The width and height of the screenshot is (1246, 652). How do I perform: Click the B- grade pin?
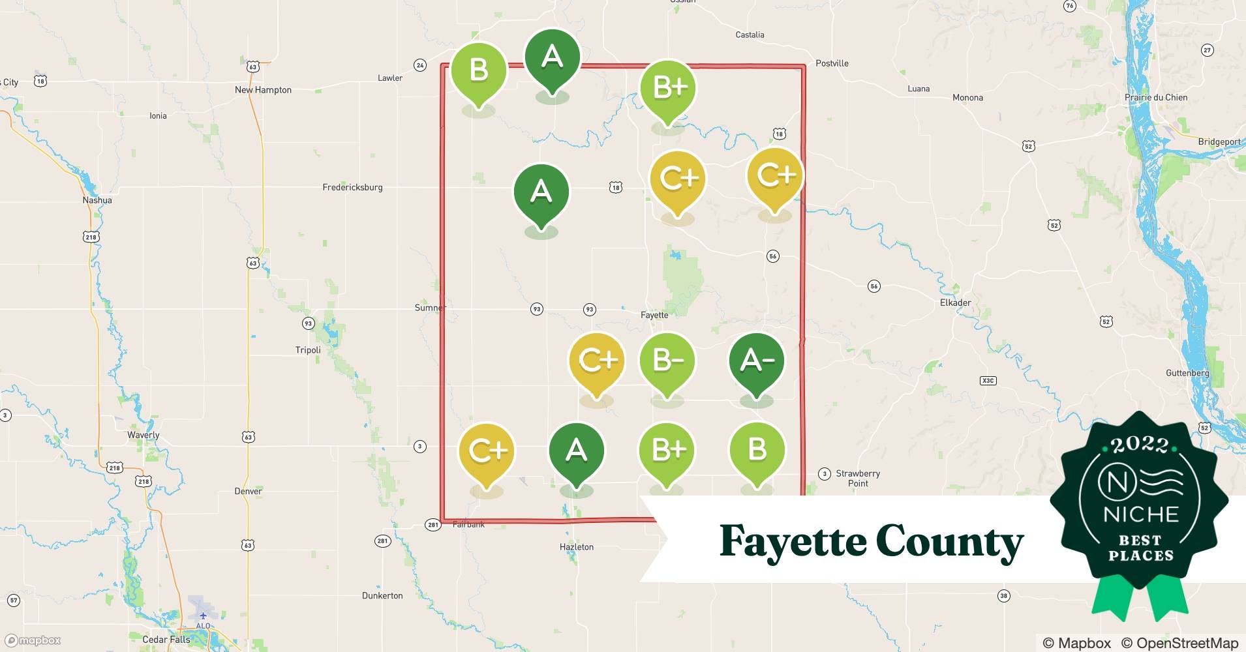click(x=667, y=361)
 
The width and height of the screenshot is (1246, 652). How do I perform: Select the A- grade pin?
click(x=756, y=361)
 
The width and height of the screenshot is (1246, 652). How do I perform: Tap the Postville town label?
click(x=832, y=63)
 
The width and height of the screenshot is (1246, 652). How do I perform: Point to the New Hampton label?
click(x=263, y=90)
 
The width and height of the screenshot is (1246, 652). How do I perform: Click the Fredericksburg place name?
click(x=352, y=187)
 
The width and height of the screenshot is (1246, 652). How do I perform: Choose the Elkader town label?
click(x=955, y=303)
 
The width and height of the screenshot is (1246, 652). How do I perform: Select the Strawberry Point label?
click(x=858, y=478)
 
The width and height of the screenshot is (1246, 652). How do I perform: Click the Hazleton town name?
click(x=577, y=547)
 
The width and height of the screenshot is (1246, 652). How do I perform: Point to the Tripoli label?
click(x=308, y=350)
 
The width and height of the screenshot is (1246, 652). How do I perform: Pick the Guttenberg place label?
click(x=1187, y=373)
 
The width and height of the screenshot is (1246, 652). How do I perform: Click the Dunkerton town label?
click(x=382, y=595)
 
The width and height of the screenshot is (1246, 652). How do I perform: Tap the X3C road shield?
click(x=988, y=380)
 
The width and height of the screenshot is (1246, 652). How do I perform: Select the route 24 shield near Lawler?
click(x=420, y=65)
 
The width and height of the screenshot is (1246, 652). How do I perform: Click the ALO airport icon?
click(x=204, y=616)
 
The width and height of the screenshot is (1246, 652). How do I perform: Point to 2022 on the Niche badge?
click(x=1139, y=445)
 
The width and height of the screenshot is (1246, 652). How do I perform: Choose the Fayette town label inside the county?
click(x=654, y=315)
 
